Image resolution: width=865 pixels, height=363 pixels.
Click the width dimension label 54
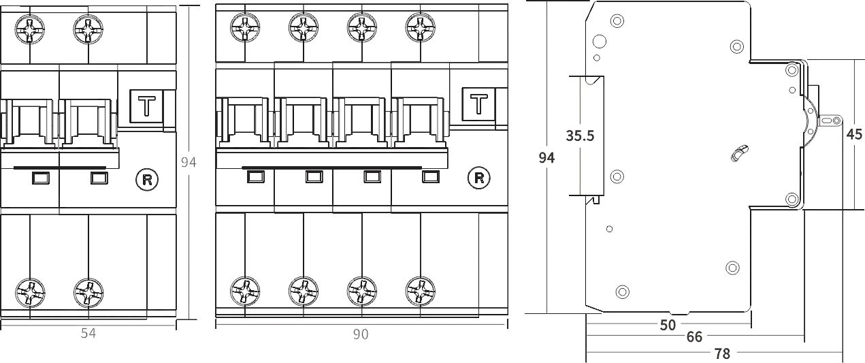88,334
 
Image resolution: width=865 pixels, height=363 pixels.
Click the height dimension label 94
189,162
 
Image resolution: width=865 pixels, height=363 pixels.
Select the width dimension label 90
360,334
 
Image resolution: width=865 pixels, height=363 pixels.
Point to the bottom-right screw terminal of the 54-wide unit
88,291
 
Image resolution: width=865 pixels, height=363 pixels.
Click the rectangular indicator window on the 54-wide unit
150,108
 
